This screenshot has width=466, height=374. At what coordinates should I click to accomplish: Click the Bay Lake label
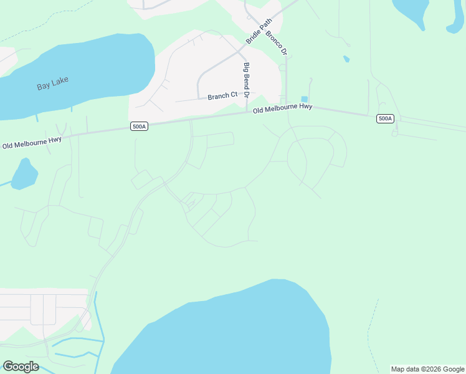(52, 83)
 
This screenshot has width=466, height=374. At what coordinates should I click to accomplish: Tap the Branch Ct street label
(222, 96)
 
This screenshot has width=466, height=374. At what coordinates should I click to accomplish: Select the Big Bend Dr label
(247, 80)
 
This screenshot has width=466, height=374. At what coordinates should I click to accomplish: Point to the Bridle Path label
(259, 31)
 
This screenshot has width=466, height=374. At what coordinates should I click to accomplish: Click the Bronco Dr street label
(275, 41)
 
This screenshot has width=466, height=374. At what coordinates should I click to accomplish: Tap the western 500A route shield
(139, 127)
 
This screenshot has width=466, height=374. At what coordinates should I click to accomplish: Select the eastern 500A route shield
(385, 118)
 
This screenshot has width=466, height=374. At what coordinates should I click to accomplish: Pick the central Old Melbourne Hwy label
(282, 108)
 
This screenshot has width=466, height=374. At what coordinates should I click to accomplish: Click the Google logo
(21, 367)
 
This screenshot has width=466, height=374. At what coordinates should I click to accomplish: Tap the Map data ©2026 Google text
(427, 369)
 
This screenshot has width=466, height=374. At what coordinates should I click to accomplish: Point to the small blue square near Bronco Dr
(304, 99)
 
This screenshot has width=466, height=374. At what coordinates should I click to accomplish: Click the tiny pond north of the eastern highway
(346, 59)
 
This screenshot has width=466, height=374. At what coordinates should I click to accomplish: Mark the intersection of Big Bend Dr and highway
(247, 113)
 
